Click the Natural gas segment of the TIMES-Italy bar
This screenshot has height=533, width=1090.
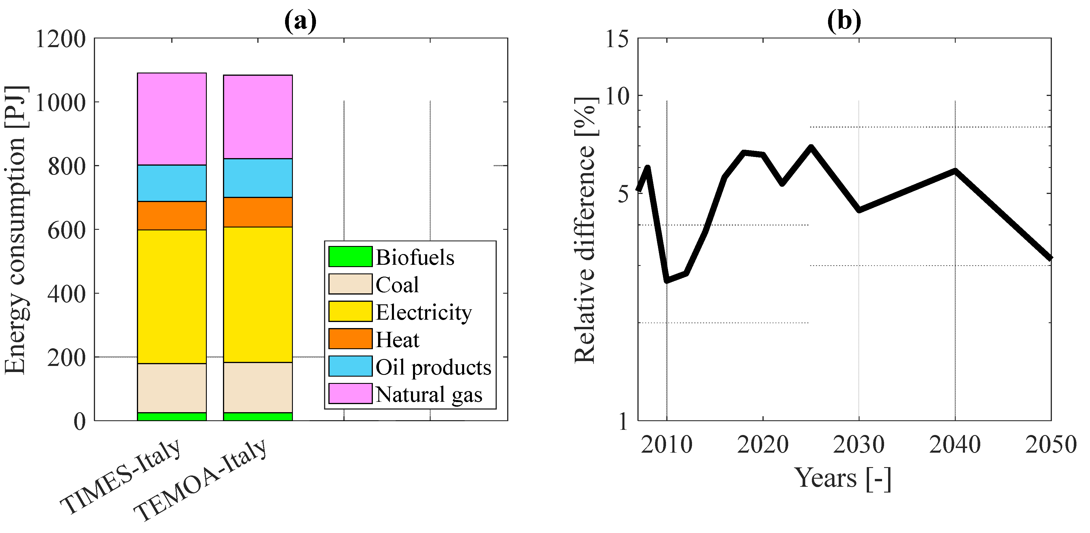pos(172,119)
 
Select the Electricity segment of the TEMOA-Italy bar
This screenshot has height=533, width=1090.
pos(258,295)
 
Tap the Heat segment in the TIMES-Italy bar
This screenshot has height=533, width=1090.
pos(172,216)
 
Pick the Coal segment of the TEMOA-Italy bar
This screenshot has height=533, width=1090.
pos(258,387)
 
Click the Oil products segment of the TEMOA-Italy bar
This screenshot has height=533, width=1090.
pos(258,178)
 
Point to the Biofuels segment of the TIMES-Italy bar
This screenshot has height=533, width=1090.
pos(172,417)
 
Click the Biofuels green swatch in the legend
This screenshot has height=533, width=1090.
pos(350,257)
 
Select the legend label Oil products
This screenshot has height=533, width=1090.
pos(433,367)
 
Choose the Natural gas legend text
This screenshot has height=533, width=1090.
pos(429,395)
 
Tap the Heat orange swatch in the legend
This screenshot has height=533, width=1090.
pos(350,339)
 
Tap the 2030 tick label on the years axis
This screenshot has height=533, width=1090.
pos(859,445)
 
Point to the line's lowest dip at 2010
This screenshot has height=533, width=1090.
pos(667,280)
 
